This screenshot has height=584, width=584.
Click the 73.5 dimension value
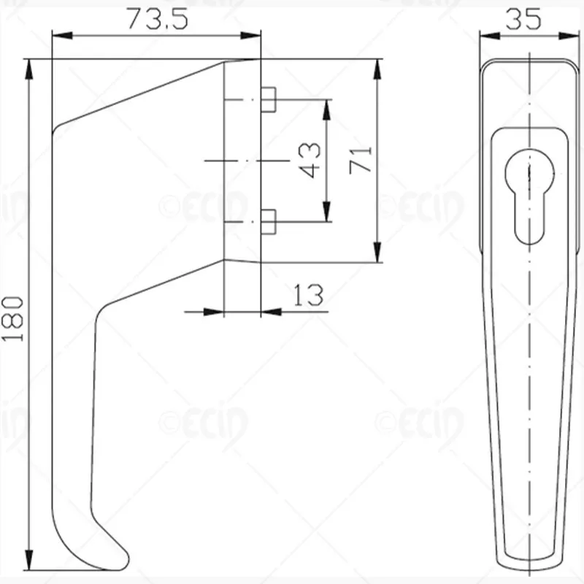pos(158,20)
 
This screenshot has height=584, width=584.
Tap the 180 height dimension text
pos(13,319)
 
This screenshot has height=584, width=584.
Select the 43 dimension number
pos(310,160)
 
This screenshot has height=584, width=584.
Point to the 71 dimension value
pos(361,160)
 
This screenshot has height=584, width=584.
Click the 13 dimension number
pos(308,296)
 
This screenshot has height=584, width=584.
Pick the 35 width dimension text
pos(523,19)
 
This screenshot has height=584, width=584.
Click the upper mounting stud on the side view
pos(268,99)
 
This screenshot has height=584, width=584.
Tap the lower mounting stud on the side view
pos(268,222)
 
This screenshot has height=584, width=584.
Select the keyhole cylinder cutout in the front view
pos(530,196)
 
